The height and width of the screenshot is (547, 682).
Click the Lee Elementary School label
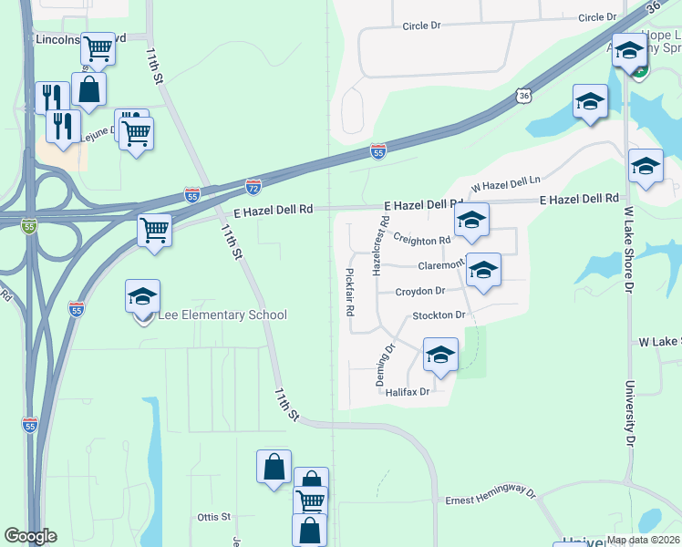(x=222, y=315)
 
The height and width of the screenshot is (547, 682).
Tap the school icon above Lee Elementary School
(x=142, y=297)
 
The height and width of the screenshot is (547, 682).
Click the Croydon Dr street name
(x=420, y=292)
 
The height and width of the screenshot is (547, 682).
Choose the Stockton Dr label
(x=439, y=315)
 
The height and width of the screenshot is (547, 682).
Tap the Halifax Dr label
(x=407, y=392)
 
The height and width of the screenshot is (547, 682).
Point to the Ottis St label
(x=213, y=517)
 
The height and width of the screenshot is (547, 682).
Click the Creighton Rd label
(x=422, y=239)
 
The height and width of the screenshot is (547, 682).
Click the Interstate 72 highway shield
(x=253, y=186)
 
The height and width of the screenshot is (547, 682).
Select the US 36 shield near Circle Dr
(x=522, y=95)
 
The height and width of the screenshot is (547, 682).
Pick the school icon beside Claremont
(x=484, y=270)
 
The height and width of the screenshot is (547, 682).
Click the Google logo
(x=30, y=536)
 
